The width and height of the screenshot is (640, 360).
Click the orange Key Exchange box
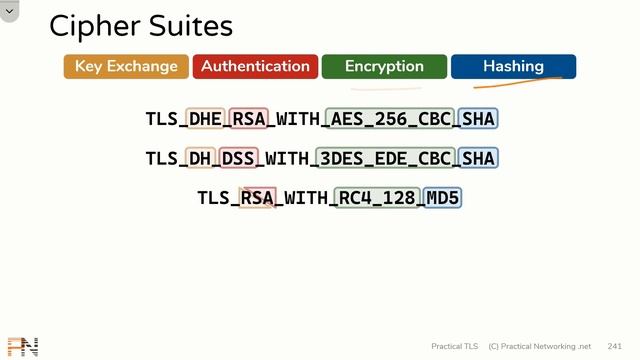click(x=126, y=67)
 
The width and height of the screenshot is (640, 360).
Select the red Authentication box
click(x=255, y=67)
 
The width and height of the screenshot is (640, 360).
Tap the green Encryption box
click(x=384, y=67)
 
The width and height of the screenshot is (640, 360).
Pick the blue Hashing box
click(x=513, y=67)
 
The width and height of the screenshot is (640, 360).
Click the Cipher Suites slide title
click(x=141, y=26)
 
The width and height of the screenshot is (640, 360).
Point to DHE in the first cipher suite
click(x=205, y=119)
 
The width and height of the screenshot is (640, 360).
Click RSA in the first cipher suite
click(x=249, y=119)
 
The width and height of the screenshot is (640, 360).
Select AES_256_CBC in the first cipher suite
click(x=391, y=119)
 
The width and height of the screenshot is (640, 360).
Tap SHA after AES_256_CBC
click(x=479, y=119)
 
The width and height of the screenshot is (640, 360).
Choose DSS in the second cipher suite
click(x=238, y=158)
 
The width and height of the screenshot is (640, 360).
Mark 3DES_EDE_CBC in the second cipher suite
click(x=385, y=158)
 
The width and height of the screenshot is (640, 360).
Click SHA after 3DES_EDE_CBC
click(x=479, y=158)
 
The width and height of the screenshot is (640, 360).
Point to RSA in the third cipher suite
click(x=257, y=198)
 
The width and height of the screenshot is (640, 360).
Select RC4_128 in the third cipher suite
click(x=377, y=198)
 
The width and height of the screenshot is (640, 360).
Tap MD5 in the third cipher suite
click(x=443, y=198)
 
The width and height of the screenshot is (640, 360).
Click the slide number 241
click(x=615, y=346)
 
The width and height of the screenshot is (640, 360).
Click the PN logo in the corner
click(x=22, y=347)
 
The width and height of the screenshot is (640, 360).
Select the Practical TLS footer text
click(x=455, y=346)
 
